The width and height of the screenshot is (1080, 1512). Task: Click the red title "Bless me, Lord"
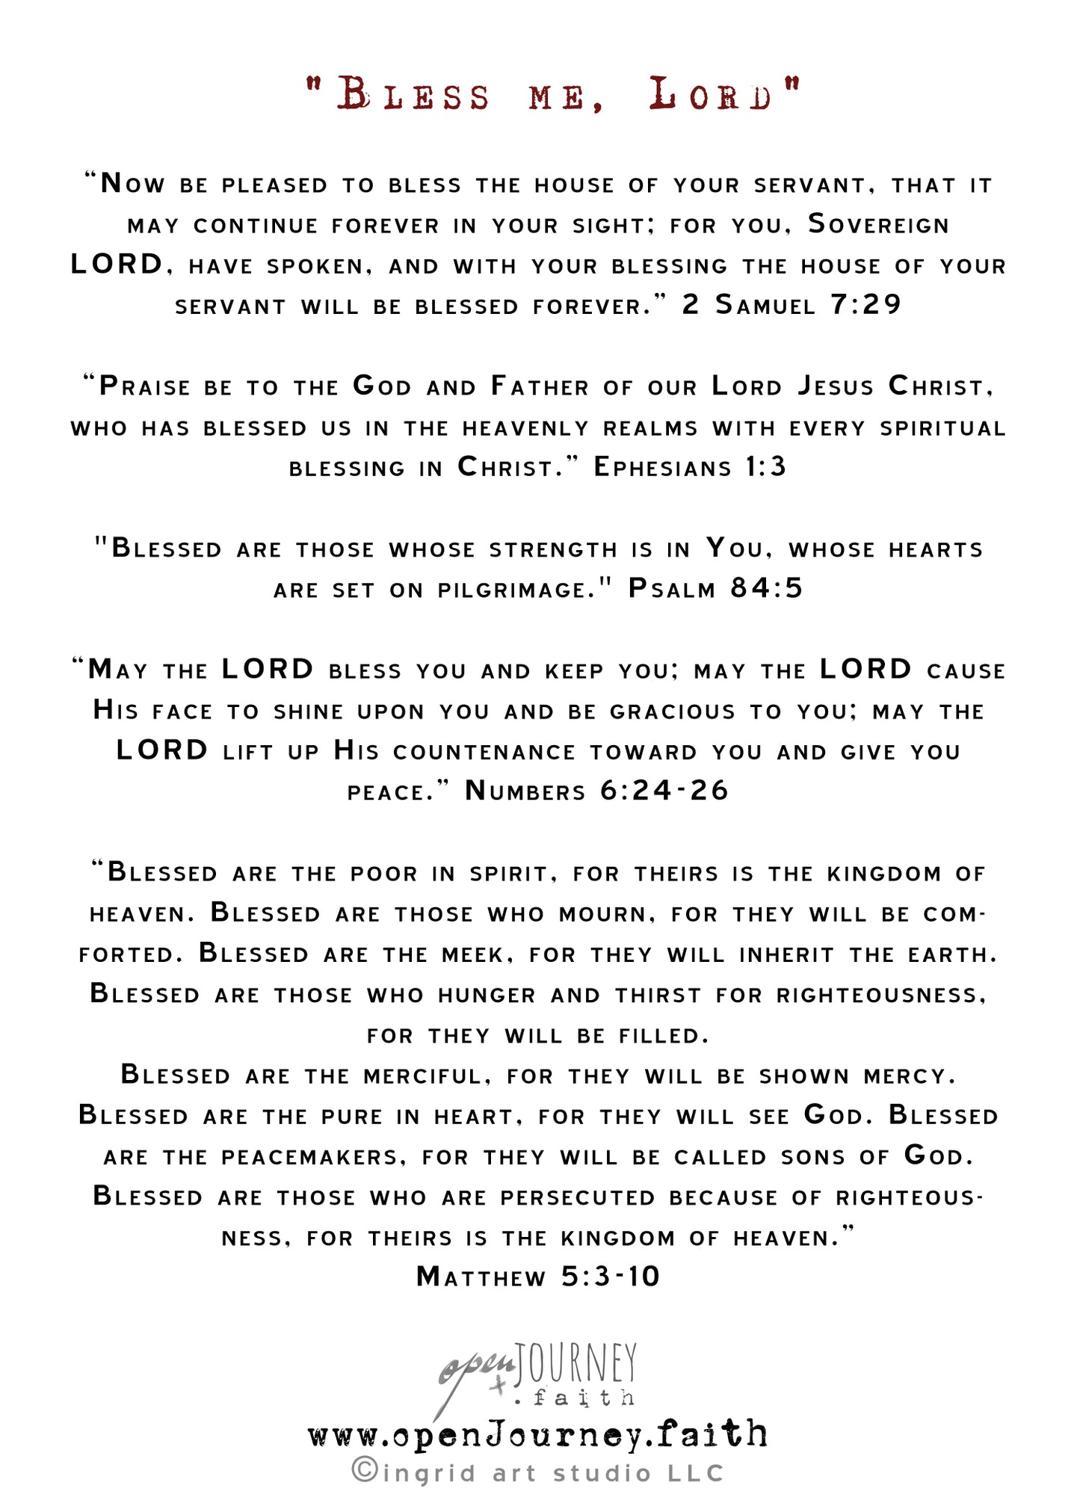coord(554,96)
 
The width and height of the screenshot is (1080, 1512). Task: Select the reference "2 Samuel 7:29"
coord(792,305)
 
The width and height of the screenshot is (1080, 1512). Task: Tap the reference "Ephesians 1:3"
coord(689,467)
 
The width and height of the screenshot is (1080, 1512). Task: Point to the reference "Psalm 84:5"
coord(715,589)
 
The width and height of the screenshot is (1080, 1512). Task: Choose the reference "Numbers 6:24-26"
coord(596,791)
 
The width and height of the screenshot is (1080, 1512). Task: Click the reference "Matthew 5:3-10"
coord(538,1277)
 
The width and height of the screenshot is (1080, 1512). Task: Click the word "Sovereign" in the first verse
coord(879,224)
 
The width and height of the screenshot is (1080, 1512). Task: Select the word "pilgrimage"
coord(516,590)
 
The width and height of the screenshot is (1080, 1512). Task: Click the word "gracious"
coord(673,711)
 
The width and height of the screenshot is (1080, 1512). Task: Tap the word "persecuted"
coord(578,1197)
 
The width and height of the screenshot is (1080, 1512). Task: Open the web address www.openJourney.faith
coord(537,1434)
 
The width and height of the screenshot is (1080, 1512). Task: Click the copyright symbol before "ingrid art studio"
coord(364,1471)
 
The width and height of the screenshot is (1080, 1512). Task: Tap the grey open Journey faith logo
coord(537,1373)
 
